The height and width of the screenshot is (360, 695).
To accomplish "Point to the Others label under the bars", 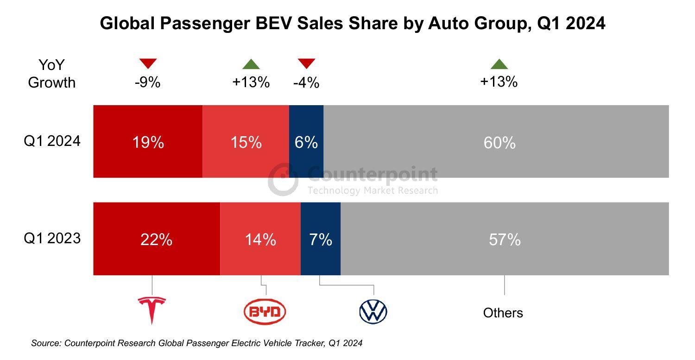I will [x=503, y=313].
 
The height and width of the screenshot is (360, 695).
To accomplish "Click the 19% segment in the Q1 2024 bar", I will [x=148, y=142].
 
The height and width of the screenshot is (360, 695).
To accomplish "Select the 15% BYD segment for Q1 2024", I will [x=246, y=142].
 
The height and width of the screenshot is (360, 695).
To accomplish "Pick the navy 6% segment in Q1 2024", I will [x=306, y=142].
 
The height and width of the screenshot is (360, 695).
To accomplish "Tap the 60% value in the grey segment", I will [x=499, y=142].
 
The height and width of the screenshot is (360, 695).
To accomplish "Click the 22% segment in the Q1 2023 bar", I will [x=157, y=240].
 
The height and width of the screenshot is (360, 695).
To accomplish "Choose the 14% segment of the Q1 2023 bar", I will [x=260, y=240].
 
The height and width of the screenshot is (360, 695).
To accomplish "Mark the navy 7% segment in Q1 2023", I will [x=321, y=240].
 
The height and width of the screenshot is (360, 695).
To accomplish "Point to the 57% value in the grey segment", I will [x=505, y=240].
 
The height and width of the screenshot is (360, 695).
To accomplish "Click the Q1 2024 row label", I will [x=52, y=141].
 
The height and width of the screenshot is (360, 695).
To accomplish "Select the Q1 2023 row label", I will [x=52, y=238].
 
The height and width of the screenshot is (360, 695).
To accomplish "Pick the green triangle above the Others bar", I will [x=499, y=64].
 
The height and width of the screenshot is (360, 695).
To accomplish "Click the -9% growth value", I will [x=148, y=82].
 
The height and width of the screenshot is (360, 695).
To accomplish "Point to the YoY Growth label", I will [x=51, y=74].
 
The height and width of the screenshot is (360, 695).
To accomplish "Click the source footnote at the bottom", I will [x=196, y=343].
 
